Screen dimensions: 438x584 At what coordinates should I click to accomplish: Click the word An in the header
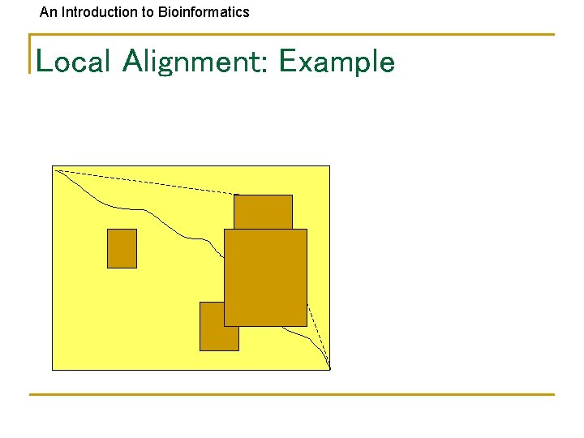pos(48,12)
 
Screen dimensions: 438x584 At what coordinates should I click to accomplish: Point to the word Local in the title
pos(72,62)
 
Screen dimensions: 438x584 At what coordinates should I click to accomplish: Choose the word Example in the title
pos(336,62)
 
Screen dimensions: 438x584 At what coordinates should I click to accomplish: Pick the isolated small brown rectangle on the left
pos(122,248)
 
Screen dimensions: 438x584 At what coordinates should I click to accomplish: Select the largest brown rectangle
pos(265,277)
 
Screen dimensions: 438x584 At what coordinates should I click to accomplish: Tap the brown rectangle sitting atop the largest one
pos(263,212)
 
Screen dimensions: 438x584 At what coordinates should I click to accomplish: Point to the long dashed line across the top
pos(146,182)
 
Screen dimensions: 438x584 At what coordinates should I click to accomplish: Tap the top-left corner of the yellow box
pos(53,166)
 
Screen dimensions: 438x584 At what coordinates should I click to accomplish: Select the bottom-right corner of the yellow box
pos(329,370)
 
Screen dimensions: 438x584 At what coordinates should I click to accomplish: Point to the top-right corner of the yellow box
pos(329,166)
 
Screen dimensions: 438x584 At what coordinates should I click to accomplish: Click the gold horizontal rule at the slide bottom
pos(292,395)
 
